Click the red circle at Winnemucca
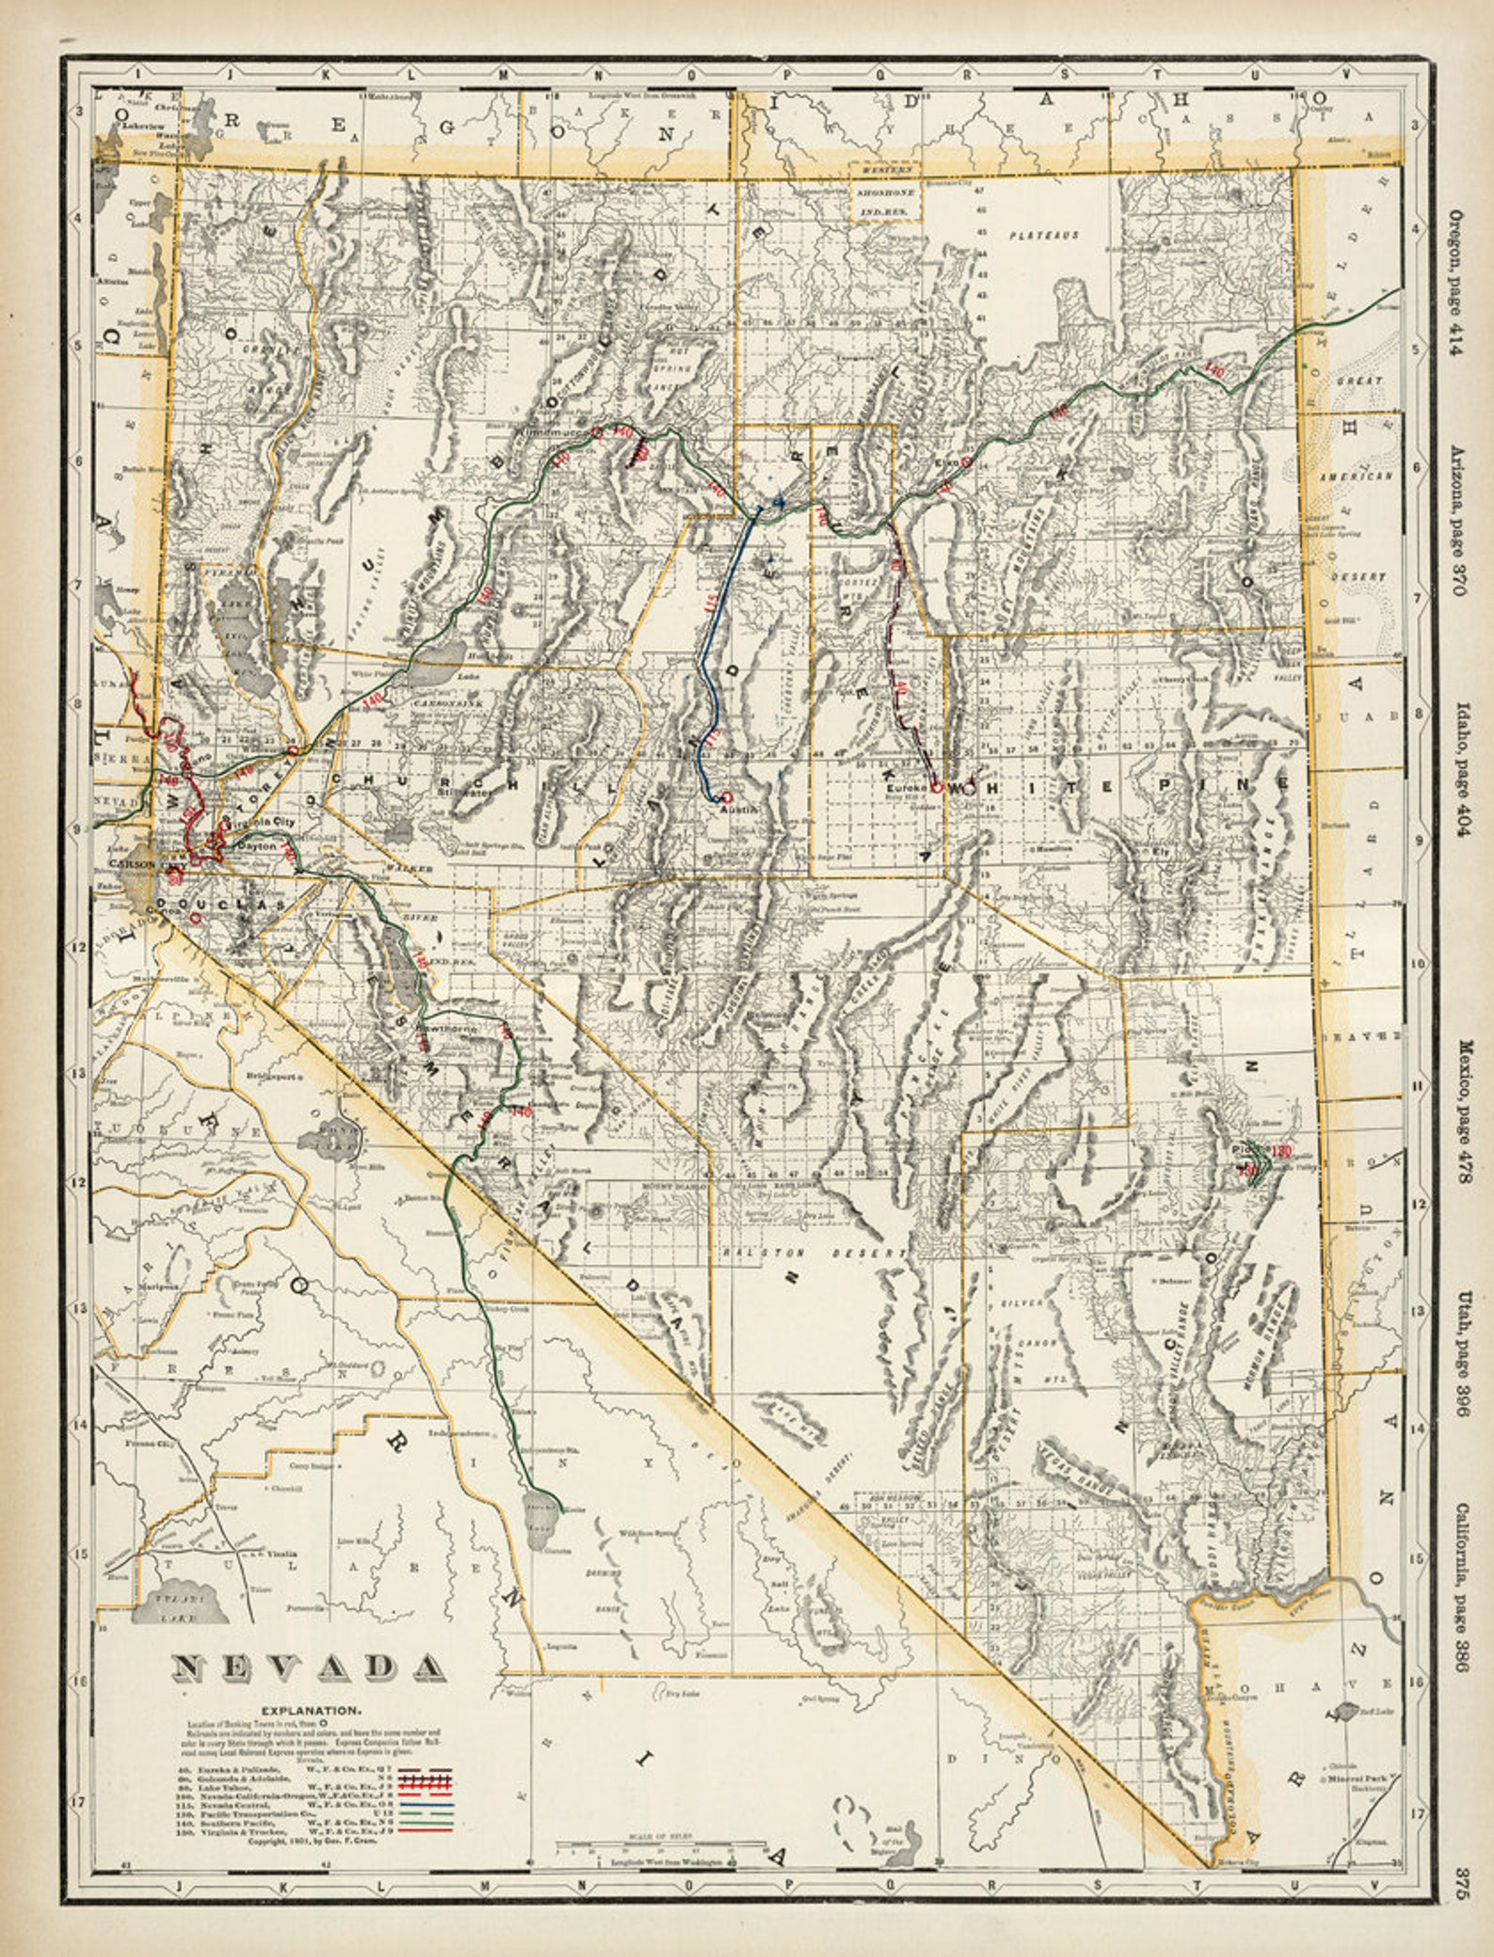(x=596, y=432)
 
